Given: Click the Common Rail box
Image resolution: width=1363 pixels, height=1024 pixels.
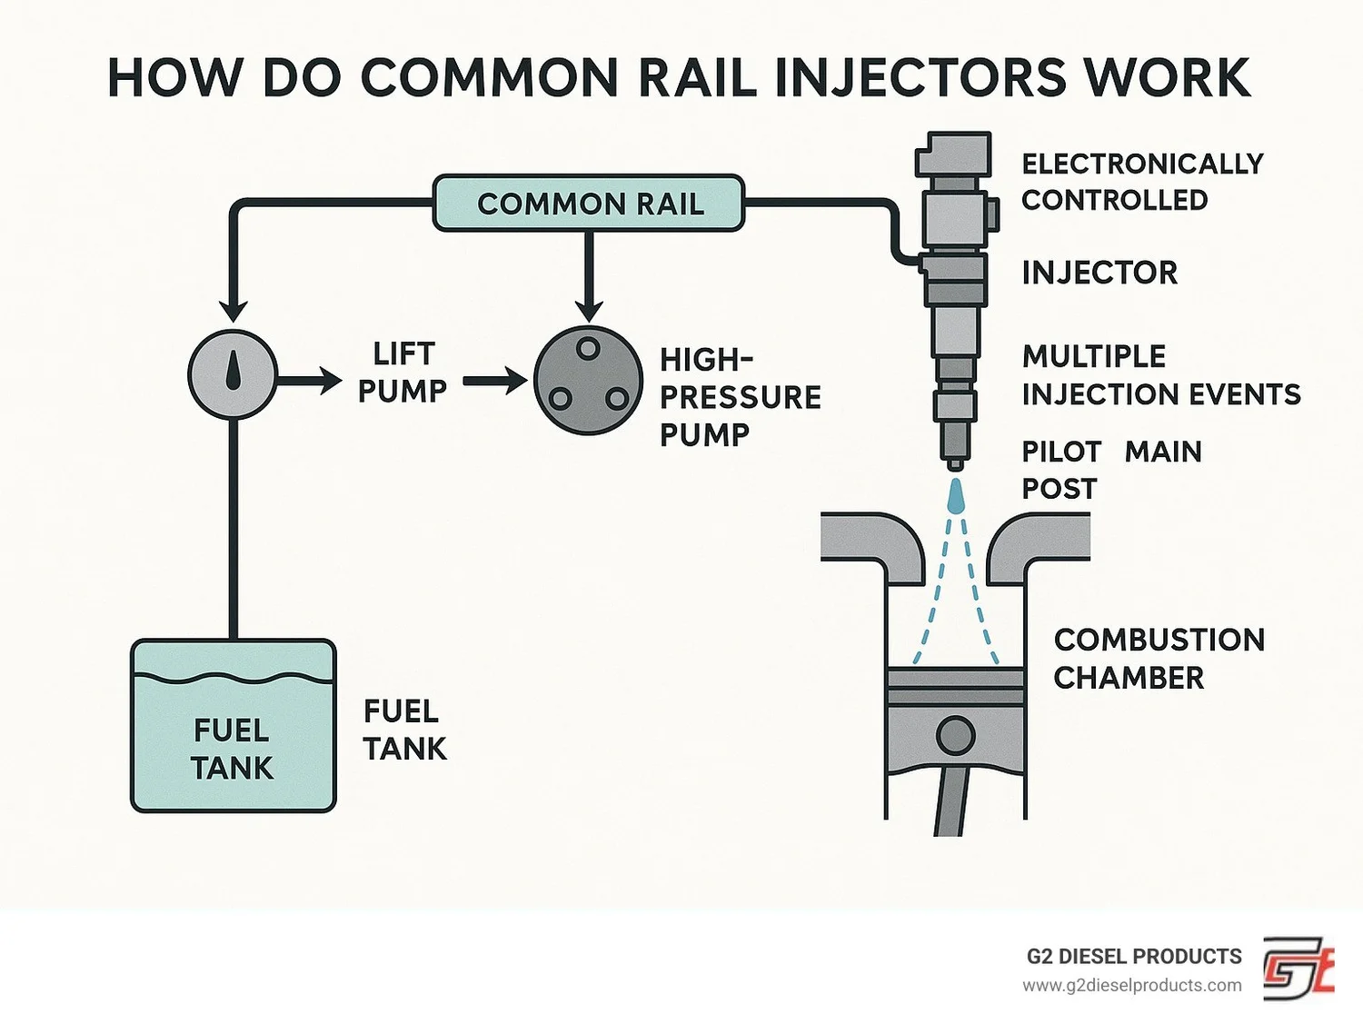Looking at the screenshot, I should pos(589,203).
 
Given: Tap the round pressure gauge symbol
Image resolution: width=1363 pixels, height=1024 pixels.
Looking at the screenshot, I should pos(233,374).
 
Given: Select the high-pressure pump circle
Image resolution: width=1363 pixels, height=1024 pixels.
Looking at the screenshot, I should pos(588,381).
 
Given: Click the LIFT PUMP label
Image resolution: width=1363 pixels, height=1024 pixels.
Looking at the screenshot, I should pos(403,373).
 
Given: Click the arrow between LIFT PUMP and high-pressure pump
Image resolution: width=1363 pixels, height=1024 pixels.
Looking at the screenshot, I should pos(494,381).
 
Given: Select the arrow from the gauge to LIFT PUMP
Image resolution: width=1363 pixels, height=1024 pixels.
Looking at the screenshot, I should pos(309,379).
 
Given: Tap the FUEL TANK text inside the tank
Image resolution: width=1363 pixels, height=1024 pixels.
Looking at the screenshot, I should pos(233,750).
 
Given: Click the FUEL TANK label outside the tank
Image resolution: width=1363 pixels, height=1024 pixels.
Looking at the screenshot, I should pos(404,730).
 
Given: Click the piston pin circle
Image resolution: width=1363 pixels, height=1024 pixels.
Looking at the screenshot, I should pos(955,735).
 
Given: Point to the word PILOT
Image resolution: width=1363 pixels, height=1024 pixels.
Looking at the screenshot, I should pos(1061,452).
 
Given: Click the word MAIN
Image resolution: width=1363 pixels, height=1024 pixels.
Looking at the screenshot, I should pos(1163,452).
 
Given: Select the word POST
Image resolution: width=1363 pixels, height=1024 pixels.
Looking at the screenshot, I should pos(1060,489).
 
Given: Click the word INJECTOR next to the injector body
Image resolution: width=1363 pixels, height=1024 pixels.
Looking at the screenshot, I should pos(1099,273).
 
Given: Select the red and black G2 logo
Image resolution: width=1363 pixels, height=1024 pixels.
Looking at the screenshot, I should pos(1298,969).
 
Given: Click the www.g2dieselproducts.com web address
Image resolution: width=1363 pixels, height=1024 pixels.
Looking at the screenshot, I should pos(1131,986).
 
